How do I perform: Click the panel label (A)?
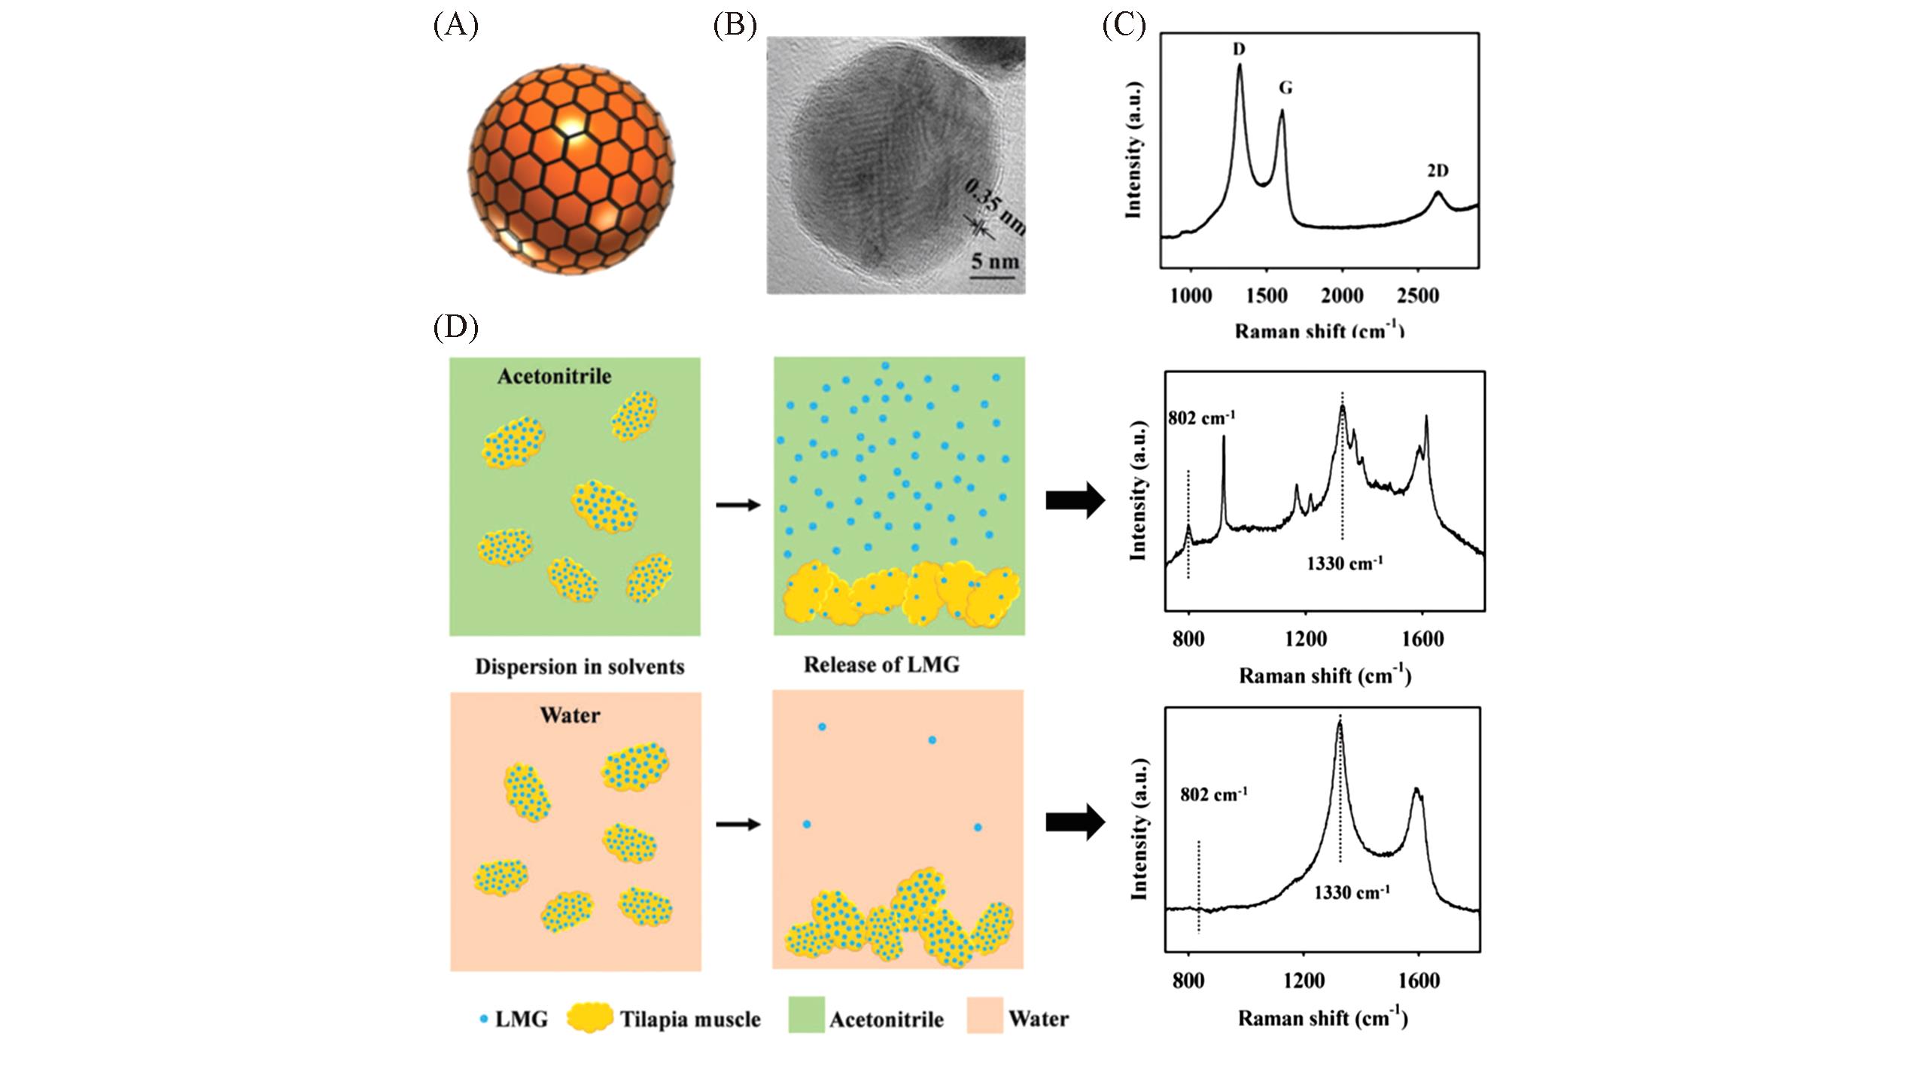tap(455, 26)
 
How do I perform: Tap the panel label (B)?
tap(734, 26)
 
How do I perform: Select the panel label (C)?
tap(1124, 26)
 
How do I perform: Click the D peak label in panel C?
tap(1239, 49)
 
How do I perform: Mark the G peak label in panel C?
tap(1285, 88)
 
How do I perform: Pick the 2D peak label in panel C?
tap(1438, 171)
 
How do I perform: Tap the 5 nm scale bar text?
tap(995, 261)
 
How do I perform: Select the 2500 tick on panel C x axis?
tap(1418, 296)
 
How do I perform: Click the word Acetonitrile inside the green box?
tap(554, 376)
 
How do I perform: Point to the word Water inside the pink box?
tap(570, 715)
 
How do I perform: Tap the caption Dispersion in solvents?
tap(580, 667)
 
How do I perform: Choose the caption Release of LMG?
tap(881, 665)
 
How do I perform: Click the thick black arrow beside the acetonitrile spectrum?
tap(1075, 501)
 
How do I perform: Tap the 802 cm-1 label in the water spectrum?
tap(1214, 793)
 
